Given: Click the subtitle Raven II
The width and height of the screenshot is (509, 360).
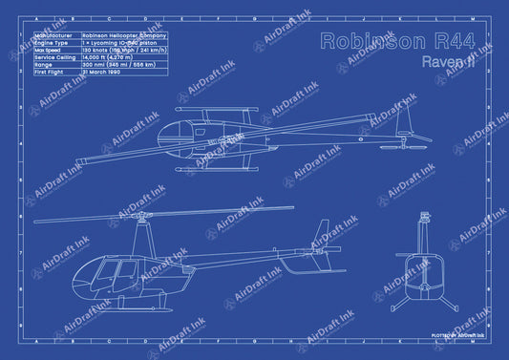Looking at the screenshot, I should click(x=447, y=61).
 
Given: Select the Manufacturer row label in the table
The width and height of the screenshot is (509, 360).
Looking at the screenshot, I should click(x=55, y=35).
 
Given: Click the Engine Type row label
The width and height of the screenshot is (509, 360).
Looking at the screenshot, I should click(x=55, y=43).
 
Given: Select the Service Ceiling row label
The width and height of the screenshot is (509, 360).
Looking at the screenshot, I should click(x=57, y=57).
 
